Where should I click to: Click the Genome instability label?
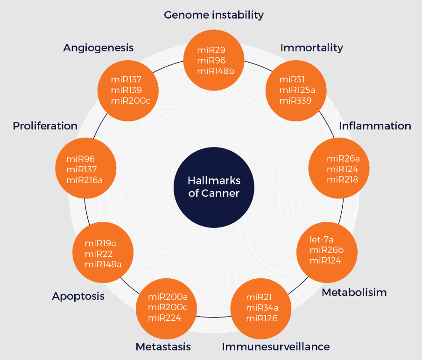[x=214, y=15]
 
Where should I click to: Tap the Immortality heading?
[x=311, y=48]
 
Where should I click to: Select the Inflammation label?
[x=375, y=126]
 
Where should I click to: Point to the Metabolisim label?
[x=354, y=293]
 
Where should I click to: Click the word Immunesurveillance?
[x=276, y=346]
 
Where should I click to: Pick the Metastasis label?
[x=163, y=346]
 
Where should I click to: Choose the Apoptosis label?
[x=78, y=296]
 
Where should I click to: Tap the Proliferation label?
[x=45, y=126]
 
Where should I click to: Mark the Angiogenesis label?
[x=98, y=48]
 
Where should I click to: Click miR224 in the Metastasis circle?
[x=164, y=318]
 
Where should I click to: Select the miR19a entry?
[x=100, y=243]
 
